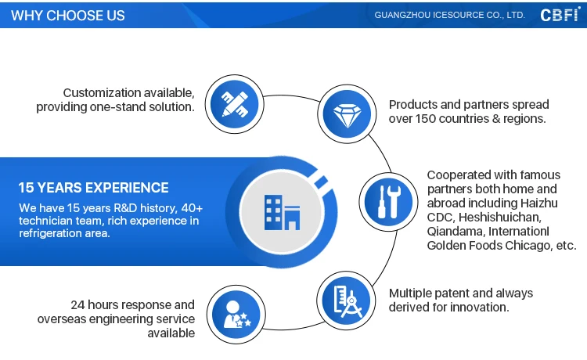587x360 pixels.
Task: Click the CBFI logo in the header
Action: coord(558,14)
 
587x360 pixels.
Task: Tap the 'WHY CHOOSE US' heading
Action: coord(68,15)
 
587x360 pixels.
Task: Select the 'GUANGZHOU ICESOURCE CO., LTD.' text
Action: coord(449,15)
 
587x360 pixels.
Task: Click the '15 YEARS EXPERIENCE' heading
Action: coord(93,188)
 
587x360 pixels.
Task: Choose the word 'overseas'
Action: coord(64,319)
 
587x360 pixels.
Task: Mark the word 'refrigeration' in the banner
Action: coord(53,233)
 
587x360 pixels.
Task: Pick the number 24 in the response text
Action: coord(78,304)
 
